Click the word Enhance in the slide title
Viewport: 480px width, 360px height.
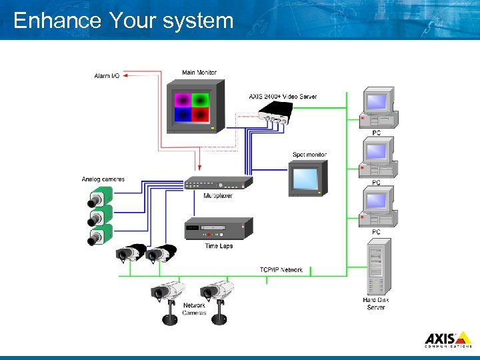click(57, 21)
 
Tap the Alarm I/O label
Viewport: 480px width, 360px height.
click(107, 76)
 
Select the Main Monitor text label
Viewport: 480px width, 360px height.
click(199, 73)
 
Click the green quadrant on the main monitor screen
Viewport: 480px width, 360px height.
click(201, 100)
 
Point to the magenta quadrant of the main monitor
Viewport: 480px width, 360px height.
click(183, 100)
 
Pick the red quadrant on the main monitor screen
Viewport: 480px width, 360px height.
click(201, 115)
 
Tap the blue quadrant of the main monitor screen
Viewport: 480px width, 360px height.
click(183, 115)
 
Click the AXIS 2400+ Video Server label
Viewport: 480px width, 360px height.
click(283, 97)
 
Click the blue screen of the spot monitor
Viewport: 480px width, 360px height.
click(305, 178)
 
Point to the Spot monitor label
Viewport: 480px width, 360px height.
click(309, 155)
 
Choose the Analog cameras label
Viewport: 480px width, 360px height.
click(103, 179)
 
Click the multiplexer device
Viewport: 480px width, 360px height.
click(218, 183)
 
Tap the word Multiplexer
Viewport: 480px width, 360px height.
click(218, 196)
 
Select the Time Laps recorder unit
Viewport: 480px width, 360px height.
click(218, 228)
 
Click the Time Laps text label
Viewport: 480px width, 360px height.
click(219, 246)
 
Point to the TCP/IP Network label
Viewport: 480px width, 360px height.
click(281, 270)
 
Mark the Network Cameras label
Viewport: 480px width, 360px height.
click(194, 309)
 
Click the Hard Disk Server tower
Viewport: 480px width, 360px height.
click(377, 267)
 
